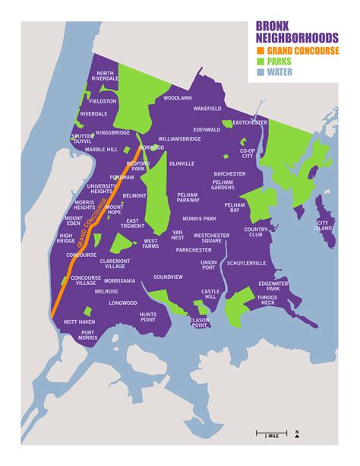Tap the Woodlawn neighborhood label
point(177,98)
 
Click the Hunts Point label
point(147,317)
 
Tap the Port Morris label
point(88,335)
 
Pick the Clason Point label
point(199,322)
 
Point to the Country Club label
point(256,232)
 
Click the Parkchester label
point(194,249)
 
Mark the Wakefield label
point(207,109)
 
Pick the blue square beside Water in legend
point(261,72)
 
